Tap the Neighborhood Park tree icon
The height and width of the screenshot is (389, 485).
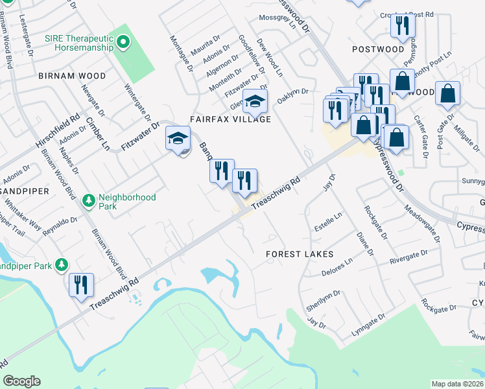point(89,203)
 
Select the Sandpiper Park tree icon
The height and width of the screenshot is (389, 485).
point(62,265)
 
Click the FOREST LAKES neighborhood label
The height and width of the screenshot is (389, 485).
point(300,255)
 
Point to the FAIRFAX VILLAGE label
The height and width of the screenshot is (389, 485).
point(230,119)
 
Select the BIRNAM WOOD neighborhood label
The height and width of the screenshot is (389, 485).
point(72,76)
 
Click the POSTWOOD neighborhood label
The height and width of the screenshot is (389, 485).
point(378,49)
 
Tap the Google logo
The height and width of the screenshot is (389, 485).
point(21,381)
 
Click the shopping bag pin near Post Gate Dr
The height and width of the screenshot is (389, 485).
point(447,94)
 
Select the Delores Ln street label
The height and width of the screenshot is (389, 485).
point(337,269)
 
